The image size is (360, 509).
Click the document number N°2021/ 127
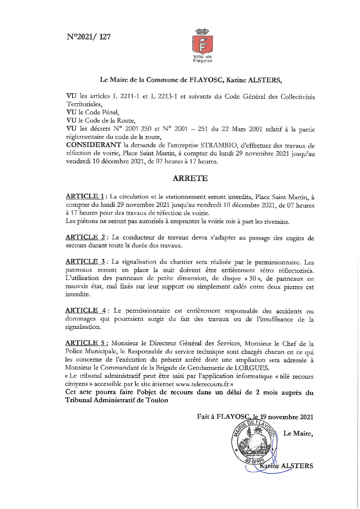pos(88,37)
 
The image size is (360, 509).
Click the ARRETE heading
pos(190,179)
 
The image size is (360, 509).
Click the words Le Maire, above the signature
pos(298,433)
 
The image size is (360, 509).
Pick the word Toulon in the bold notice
pos(157,400)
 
